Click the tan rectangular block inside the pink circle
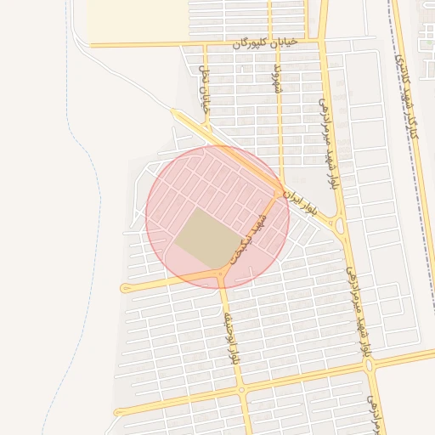[209, 236]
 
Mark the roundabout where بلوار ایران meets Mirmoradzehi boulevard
[340, 226]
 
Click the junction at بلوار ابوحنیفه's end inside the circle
[222, 274]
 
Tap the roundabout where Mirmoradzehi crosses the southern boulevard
[370, 365]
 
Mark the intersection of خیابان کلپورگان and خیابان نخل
[204, 43]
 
